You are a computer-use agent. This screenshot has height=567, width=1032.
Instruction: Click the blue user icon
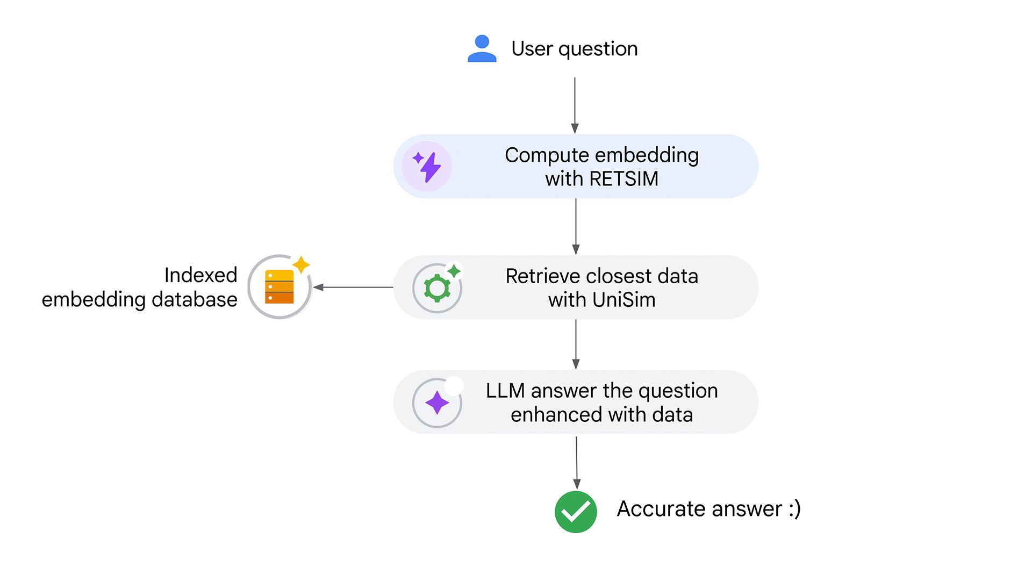(x=482, y=49)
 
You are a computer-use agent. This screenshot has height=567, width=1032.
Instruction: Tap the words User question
(x=574, y=49)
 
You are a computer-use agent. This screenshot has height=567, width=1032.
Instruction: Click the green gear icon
(x=437, y=289)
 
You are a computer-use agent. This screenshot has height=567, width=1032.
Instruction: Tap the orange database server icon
(x=279, y=287)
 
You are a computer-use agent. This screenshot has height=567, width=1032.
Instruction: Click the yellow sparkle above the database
(x=301, y=264)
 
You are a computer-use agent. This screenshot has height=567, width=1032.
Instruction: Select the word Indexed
(x=200, y=275)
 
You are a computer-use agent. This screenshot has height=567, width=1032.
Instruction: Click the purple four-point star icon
(x=436, y=403)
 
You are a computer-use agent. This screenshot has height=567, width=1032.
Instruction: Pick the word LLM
(x=505, y=391)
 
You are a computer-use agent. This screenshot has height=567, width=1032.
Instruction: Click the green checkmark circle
(x=576, y=512)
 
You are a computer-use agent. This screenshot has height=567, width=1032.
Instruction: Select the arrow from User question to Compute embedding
(x=575, y=105)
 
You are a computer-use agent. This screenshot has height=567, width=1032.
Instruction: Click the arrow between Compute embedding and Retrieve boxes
(x=576, y=226)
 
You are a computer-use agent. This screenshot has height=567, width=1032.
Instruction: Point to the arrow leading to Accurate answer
(x=577, y=462)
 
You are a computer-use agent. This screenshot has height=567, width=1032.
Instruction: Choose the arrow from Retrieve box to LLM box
(x=576, y=344)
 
